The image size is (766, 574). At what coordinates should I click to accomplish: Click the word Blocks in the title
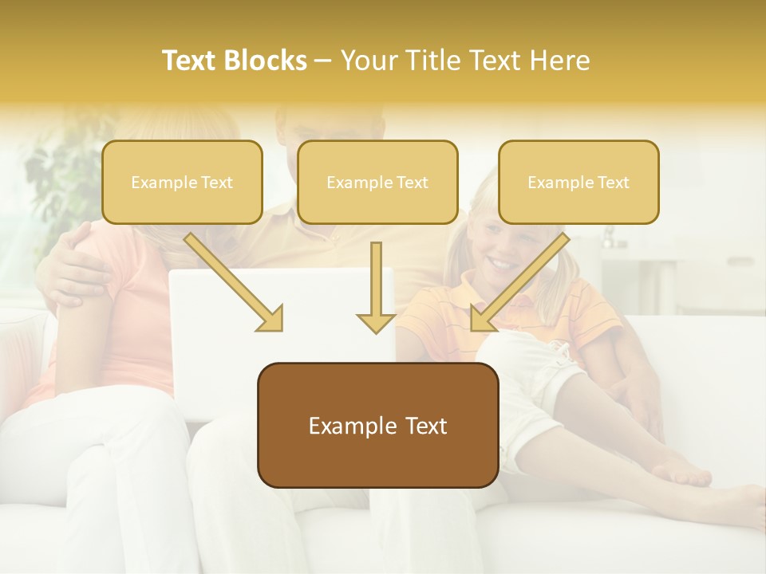coord(266,61)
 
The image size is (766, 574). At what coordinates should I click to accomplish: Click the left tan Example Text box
coord(182,183)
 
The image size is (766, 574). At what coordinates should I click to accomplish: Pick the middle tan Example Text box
coord(377,183)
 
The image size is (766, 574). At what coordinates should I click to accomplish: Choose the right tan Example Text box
coord(578,183)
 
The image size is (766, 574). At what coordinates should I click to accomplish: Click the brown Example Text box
coord(377,426)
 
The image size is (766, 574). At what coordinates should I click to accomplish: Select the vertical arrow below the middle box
coord(376,287)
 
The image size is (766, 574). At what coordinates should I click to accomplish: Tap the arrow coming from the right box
coord(519,283)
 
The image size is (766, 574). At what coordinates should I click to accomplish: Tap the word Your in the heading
coord(369,61)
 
